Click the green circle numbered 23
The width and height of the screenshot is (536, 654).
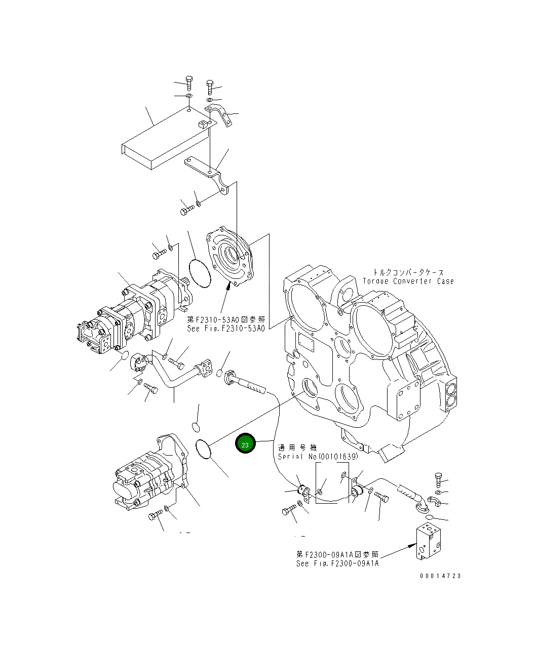coord(245,444)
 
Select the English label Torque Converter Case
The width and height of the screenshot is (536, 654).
coord(408,281)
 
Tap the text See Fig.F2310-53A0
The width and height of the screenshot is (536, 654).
coord(225,328)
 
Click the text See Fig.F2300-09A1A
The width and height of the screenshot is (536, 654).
coord(337,563)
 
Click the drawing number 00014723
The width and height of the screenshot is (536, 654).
coord(440,576)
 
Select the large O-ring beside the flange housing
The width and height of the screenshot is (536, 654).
coord(199,273)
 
